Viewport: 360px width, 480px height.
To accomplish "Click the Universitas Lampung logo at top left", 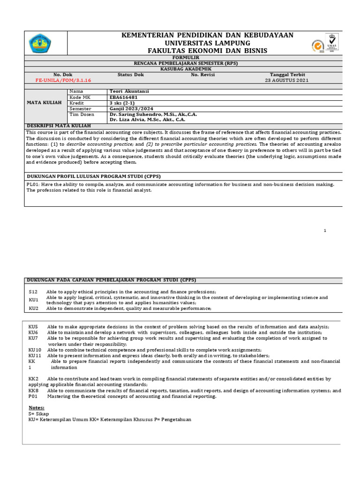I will click(40, 44).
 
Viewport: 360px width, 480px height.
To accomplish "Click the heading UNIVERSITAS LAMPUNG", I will click(207, 43).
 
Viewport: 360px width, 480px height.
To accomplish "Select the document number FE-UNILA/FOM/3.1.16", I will click(63, 80).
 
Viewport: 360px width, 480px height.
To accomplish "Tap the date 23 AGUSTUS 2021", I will click(287, 80).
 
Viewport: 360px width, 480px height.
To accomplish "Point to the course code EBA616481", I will click(124, 97).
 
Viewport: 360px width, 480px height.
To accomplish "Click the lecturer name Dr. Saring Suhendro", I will click(150, 114).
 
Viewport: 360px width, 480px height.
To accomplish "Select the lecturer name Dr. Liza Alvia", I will click(145, 120).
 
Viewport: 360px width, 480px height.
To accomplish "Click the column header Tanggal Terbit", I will click(287, 75).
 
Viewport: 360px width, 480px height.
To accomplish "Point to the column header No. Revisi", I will click(202, 75).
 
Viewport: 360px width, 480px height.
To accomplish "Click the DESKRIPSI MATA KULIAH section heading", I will click(59, 126).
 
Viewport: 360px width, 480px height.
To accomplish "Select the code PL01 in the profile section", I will click(32, 184).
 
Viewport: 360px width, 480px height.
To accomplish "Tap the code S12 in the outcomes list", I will click(33, 292).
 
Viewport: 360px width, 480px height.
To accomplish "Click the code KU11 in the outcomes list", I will click(35, 356).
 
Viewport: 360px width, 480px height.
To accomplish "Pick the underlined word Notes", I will click(36, 408).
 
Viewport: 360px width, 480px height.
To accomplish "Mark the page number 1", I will click(325, 231).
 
